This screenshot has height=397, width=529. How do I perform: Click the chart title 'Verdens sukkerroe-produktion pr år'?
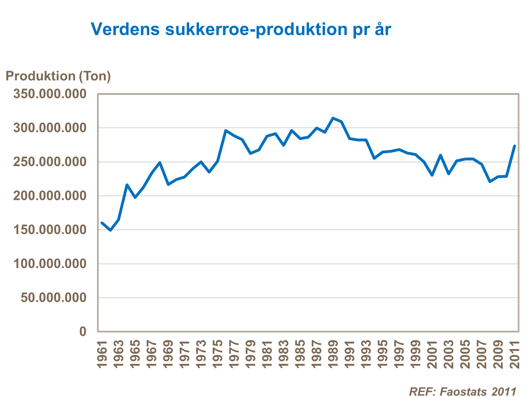click(x=241, y=29)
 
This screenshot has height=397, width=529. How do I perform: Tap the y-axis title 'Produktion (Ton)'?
click(x=58, y=76)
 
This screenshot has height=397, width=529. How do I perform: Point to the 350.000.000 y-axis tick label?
click(x=50, y=94)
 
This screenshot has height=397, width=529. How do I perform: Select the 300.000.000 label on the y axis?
click(x=50, y=128)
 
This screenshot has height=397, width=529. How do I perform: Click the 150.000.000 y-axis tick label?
click(x=50, y=230)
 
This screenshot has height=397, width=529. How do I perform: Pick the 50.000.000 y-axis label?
click(x=53, y=298)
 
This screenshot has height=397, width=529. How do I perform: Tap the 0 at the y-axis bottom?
click(x=83, y=332)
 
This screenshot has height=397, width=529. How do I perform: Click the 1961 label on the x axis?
click(x=102, y=354)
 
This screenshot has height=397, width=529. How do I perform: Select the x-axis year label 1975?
click(x=218, y=354)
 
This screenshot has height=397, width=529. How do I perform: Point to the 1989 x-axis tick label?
click(x=333, y=354)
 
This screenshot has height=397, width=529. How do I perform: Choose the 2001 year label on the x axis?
click(x=432, y=354)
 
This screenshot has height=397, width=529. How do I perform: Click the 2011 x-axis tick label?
click(x=515, y=354)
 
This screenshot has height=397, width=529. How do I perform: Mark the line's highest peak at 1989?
click(x=333, y=118)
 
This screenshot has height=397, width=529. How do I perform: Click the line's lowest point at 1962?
click(x=110, y=230)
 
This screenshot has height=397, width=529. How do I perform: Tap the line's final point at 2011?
click(x=515, y=146)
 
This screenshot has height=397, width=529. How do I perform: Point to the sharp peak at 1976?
click(x=226, y=130)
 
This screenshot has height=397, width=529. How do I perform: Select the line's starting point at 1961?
click(x=102, y=223)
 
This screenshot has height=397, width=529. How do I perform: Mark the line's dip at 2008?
click(x=490, y=182)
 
